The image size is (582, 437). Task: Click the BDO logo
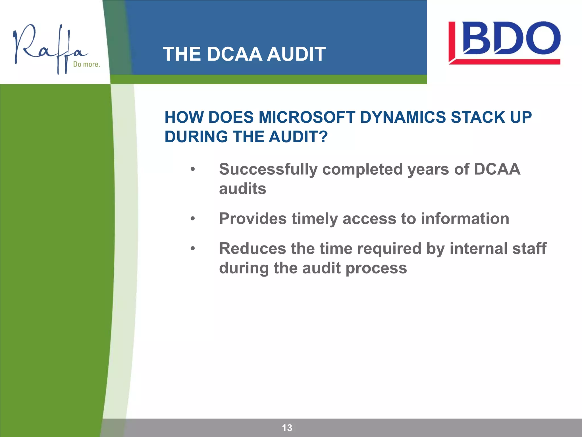click(504, 43)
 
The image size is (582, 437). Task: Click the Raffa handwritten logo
click(48, 48)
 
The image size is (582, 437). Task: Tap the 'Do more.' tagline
click(86, 64)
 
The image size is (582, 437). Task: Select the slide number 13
click(287, 428)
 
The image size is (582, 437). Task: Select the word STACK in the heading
click(477, 117)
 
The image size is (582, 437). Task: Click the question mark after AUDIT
click(324, 137)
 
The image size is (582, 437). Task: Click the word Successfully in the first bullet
click(268, 170)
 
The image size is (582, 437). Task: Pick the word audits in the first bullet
click(242, 189)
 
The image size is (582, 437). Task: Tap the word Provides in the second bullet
click(253, 219)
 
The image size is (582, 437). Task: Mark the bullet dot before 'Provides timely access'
click(193, 219)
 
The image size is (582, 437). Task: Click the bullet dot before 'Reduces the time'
click(193, 249)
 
